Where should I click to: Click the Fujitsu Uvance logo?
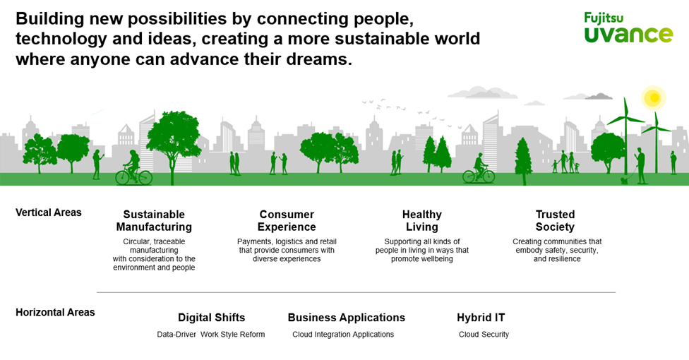pyautogui.click(x=628, y=28)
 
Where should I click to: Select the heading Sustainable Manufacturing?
pyautogui.click(x=154, y=221)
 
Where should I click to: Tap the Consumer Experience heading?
pyautogui.click(x=287, y=221)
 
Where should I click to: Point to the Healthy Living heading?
pyautogui.click(x=422, y=221)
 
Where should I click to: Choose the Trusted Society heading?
pyautogui.click(x=555, y=221)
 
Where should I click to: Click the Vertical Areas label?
pyautogui.click(x=49, y=212)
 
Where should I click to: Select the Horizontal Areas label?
pyautogui.click(x=55, y=312)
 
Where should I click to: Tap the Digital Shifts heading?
pyautogui.click(x=211, y=318)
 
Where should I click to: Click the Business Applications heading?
pyautogui.click(x=346, y=318)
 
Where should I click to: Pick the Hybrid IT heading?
pyautogui.click(x=481, y=318)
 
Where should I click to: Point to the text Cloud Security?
pyautogui.click(x=484, y=335)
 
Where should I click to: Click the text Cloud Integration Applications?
pyautogui.click(x=343, y=335)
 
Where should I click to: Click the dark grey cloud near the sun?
pyautogui.click(x=599, y=96)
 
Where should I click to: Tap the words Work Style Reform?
pyautogui.click(x=233, y=335)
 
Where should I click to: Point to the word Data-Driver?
pyautogui.click(x=176, y=335)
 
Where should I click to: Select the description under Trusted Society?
pyautogui.click(x=557, y=250)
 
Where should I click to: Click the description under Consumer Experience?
pyautogui.click(x=287, y=250)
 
